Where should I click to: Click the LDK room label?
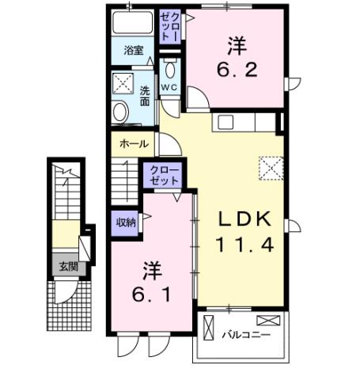coord(245,219)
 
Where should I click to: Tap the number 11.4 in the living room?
coord(245,245)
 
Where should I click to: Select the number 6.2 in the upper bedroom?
coord(236,70)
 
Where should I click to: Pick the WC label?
coord(169,86)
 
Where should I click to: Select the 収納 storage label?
coord(126,222)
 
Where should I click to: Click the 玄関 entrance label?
coord(66,267)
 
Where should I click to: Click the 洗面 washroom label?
coord(145,96)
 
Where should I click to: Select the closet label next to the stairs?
coord(163,175)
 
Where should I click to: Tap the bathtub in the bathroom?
coord(132,23)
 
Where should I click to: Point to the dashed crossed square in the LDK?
coord(271,167)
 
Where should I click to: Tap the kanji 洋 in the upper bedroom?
coord(236,44)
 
